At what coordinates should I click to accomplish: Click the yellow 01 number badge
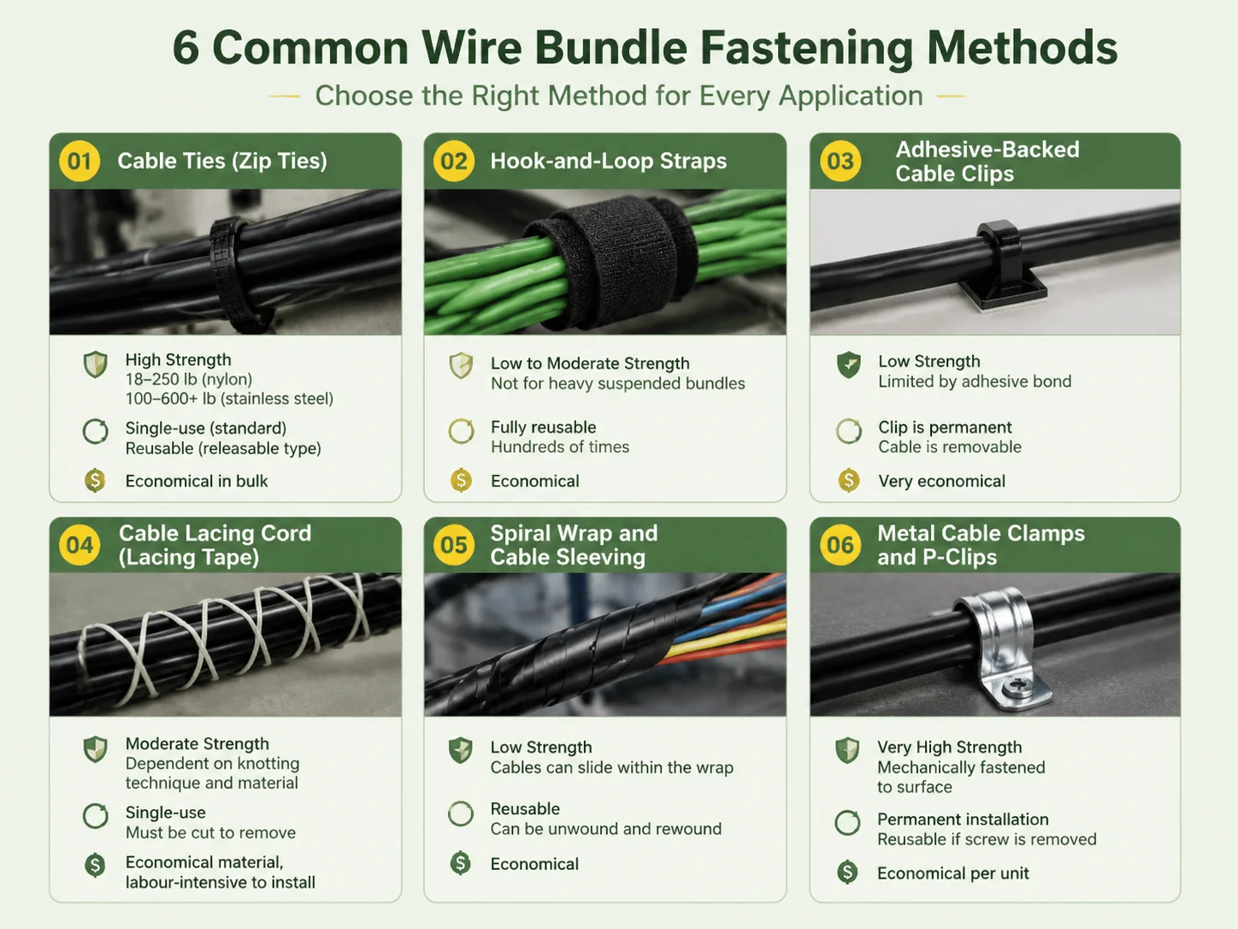tap(80, 161)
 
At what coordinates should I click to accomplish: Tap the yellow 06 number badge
tap(840, 545)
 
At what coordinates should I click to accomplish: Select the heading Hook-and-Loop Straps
tap(608, 162)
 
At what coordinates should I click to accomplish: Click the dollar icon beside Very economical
tap(848, 481)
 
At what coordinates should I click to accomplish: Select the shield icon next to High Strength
tap(95, 364)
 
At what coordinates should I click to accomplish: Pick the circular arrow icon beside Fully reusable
tap(462, 431)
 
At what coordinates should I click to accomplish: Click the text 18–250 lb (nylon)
tap(189, 379)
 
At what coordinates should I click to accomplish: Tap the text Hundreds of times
tap(560, 447)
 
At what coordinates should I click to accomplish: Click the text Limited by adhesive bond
tap(975, 382)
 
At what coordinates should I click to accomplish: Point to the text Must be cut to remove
tap(210, 833)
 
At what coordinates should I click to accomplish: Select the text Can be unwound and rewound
tap(605, 829)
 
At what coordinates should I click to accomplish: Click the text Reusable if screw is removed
tap(987, 840)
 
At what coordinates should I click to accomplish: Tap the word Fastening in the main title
tap(806, 48)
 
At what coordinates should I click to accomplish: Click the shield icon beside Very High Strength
tap(847, 751)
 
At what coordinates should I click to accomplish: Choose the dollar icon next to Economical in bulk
tap(95, 481)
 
